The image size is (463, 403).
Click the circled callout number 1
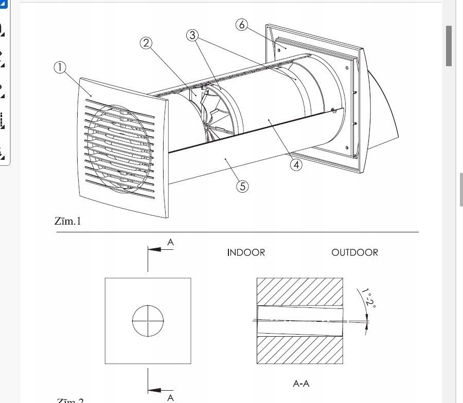[x=60, y=68]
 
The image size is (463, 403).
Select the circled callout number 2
[x=147, y=43]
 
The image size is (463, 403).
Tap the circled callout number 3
[x=192, y=35]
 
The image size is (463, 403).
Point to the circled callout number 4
[x=296, y=164]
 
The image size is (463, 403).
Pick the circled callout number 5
[x=242, y=186]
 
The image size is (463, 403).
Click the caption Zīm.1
[x=68, y=222]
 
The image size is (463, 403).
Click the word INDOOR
[x=246, y=253]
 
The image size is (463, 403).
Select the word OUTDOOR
[x=354, y=253]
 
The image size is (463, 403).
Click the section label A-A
[x=301, y=383]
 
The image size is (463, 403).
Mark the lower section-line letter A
[x=170, y=397]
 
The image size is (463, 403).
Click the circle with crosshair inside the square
[x=148, y=321]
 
